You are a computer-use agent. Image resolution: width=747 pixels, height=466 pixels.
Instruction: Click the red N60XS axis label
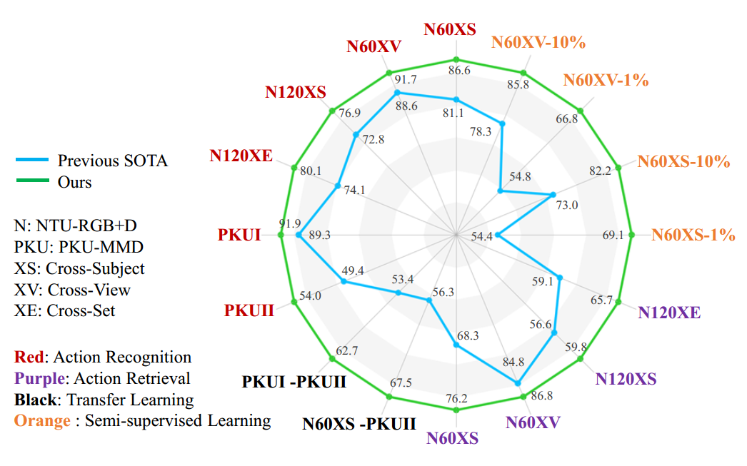click(x=450, y=29)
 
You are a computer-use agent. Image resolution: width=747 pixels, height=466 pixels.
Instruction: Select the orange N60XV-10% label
click(x=538, y=42)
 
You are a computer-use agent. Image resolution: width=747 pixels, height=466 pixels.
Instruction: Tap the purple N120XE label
click(x=669, y=313)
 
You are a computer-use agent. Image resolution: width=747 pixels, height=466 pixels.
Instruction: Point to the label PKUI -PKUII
click(x=294, y=382)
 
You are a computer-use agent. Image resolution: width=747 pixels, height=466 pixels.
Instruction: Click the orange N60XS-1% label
click(x=693, y=235)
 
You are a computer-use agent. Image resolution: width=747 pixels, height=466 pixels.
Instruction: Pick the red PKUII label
click(x=249, y=311)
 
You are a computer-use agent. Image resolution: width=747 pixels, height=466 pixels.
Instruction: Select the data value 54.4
click(x=482, y=237)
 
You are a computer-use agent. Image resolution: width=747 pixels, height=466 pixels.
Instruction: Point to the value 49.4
click(x=354, y=271)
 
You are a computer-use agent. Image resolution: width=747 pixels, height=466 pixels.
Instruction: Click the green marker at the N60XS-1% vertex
click(x=632, y=235)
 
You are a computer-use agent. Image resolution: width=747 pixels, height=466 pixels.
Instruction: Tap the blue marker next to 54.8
click(x=500, y=191)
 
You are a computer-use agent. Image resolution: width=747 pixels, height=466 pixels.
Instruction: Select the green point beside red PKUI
click(x=281, y=235)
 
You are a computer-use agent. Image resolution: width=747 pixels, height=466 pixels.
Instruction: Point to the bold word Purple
click(x=39, y=378)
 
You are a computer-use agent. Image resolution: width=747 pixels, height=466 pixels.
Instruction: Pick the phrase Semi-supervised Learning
click(x=178, y=420)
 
